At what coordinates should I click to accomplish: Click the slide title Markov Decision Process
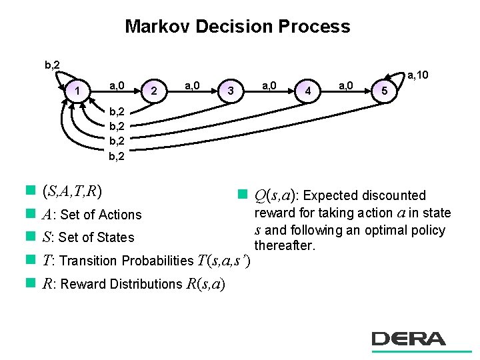click(x=237, y=27)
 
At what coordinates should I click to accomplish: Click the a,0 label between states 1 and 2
click(x=118, y=85)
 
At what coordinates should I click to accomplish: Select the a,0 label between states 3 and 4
click(x=270, y=85)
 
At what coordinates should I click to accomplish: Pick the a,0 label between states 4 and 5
click(x=346, y=85)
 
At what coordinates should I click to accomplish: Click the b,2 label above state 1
click(x=52, y=65)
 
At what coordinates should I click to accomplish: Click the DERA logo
click(x=408, y=339)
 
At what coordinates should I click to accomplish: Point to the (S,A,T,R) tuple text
click(x=71, y=191)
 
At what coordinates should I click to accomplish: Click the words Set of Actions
click(x=101, y=215)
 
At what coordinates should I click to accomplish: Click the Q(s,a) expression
click(x=273, y=195)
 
